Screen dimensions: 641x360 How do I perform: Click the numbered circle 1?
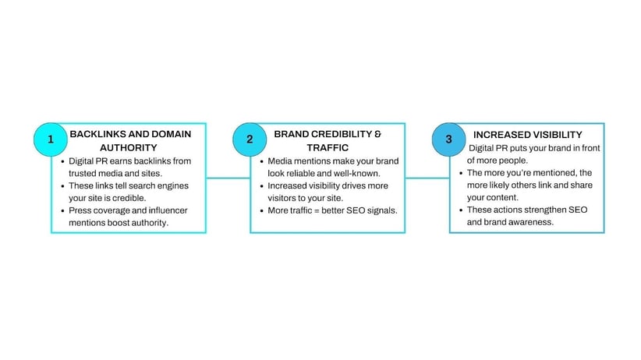50,139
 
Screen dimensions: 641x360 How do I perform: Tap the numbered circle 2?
250,139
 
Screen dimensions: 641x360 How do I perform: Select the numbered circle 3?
448,139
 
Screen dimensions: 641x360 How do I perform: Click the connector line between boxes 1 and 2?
228,178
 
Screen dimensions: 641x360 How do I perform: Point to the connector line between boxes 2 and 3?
427,178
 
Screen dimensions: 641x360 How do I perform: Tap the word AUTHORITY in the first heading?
129,147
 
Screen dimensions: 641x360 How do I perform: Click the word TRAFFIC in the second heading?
328,147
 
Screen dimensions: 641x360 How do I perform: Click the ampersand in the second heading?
377,134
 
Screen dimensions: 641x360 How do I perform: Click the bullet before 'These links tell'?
62,186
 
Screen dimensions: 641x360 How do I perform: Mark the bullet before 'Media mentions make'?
262,162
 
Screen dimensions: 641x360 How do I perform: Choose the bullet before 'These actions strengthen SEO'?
461,210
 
